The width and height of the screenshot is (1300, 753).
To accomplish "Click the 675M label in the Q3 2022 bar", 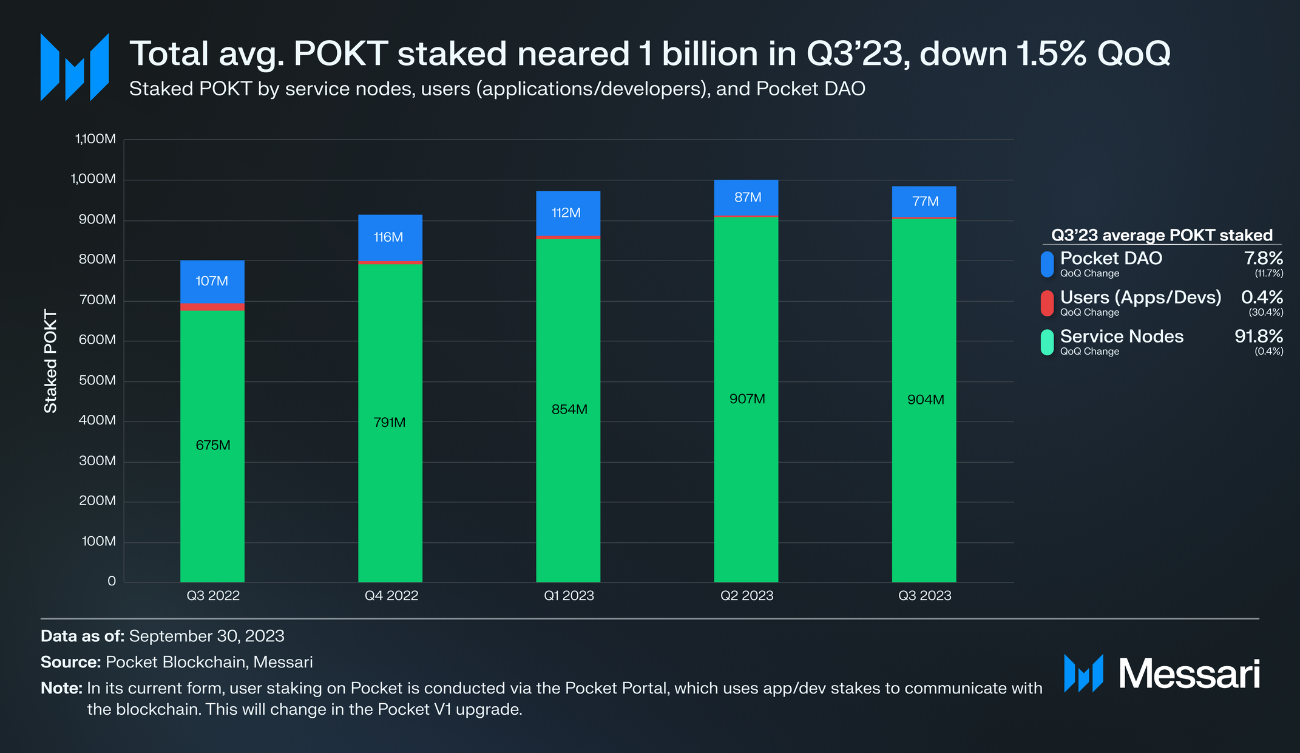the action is click(x=213, y=445).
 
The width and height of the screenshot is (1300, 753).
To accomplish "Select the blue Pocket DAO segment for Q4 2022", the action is click(x=390, y=237).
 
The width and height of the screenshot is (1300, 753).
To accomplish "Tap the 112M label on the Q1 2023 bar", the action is click(x=566, y=213).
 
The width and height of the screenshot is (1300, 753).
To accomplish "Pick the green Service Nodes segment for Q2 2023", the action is click(x=746, y=400).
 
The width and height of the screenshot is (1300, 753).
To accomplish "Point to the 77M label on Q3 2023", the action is click(x=926, y=201).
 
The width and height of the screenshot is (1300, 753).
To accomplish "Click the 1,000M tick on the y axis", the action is click(x=93, y=179).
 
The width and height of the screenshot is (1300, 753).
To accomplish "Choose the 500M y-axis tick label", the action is click(x=97, y=380).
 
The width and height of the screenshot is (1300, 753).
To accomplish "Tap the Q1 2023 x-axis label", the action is click(x=569, y=596).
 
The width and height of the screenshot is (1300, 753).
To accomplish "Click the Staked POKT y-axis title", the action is click(x=50, y=361).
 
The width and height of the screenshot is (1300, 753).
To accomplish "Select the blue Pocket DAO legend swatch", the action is click(x=1047, y=264).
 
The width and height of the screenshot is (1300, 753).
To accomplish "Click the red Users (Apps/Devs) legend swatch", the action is click(x=1047, y=303).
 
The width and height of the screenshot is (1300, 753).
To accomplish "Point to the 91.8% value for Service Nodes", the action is click(x=1259, y=336).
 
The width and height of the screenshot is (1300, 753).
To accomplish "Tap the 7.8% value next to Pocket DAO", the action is click(x=1264, y=258).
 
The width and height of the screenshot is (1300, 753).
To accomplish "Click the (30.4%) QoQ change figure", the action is click(x=1266, y=312).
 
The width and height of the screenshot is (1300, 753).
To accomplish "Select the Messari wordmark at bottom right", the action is click(x=1189, y=673).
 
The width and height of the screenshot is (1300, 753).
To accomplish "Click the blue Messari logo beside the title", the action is click(x=75, y=67).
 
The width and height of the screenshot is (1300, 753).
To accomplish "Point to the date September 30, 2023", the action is click(x=207, y=636).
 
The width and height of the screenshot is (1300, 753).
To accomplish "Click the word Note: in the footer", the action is click(x=61, y=688).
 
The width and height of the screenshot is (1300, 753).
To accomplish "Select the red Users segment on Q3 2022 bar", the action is click(x=212, y=307).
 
